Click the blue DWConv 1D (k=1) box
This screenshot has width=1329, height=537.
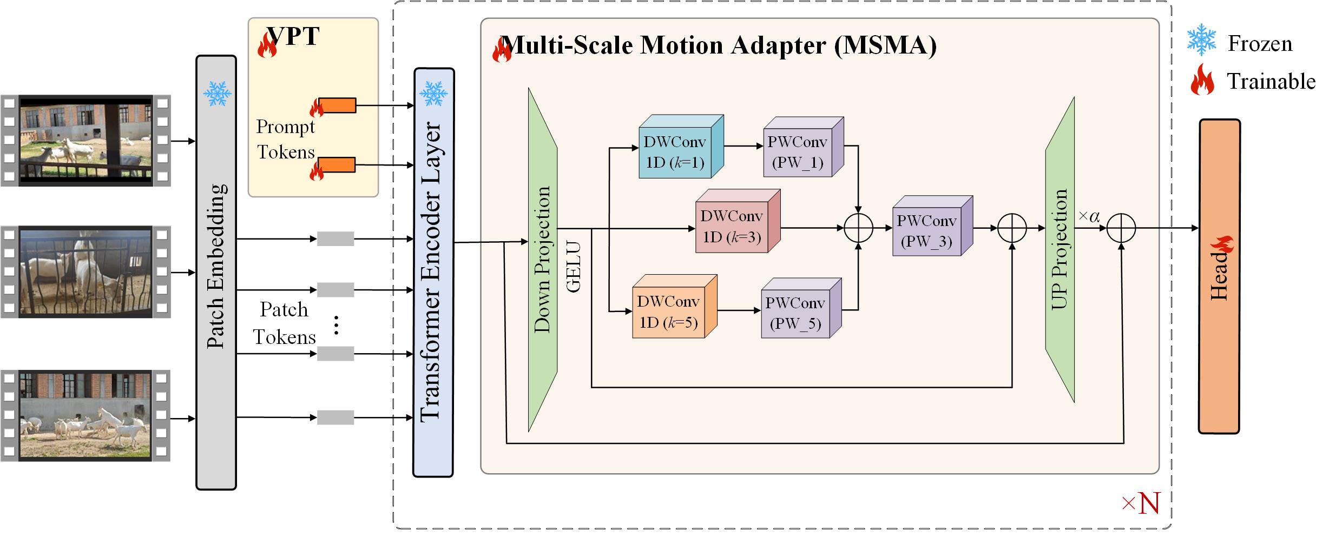pos(681,147)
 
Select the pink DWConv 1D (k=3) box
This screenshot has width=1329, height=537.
pos(738,221)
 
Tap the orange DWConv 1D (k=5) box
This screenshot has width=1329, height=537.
pos(675,307)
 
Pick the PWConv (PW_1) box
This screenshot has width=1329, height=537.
pos(803,147)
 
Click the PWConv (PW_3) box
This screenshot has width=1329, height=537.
pos(932,226)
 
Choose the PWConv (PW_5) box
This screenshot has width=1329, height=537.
pos(801,308)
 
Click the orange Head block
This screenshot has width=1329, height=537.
pos(1220,276)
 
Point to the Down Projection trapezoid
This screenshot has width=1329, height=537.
pos(543,260)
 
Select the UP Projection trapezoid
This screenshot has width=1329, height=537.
pos(1060,249)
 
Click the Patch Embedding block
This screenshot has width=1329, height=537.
pos(216,273)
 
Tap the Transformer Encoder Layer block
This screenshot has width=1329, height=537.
pos(433,273)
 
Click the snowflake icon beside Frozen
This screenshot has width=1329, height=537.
pos(1201,39)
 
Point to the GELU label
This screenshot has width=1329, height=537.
pos(573,267)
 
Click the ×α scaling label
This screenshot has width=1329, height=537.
pos(1089,217)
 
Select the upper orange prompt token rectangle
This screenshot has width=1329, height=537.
pos(337,105)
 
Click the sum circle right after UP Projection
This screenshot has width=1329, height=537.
pos(1121,228)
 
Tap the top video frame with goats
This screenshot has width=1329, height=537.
pos(86,141)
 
